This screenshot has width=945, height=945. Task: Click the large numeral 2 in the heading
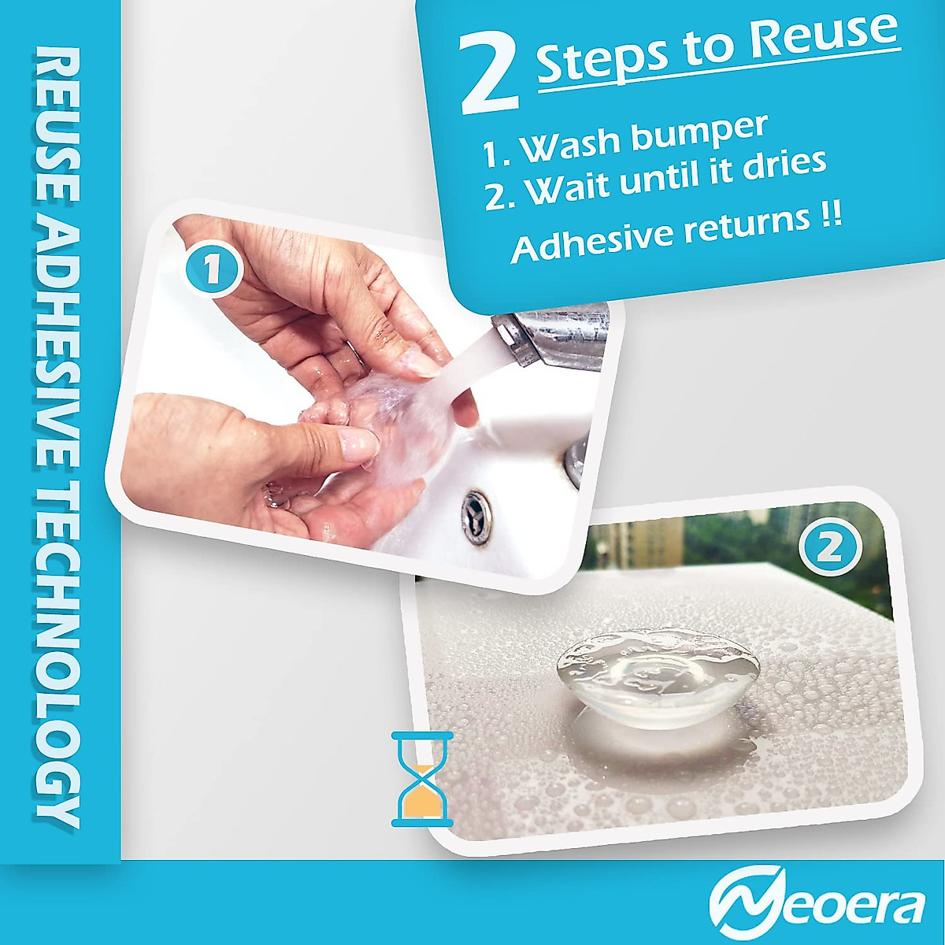pyautogui.click(x=489, y=76)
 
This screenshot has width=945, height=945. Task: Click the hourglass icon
pyautogui.click(x=423, y=779)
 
